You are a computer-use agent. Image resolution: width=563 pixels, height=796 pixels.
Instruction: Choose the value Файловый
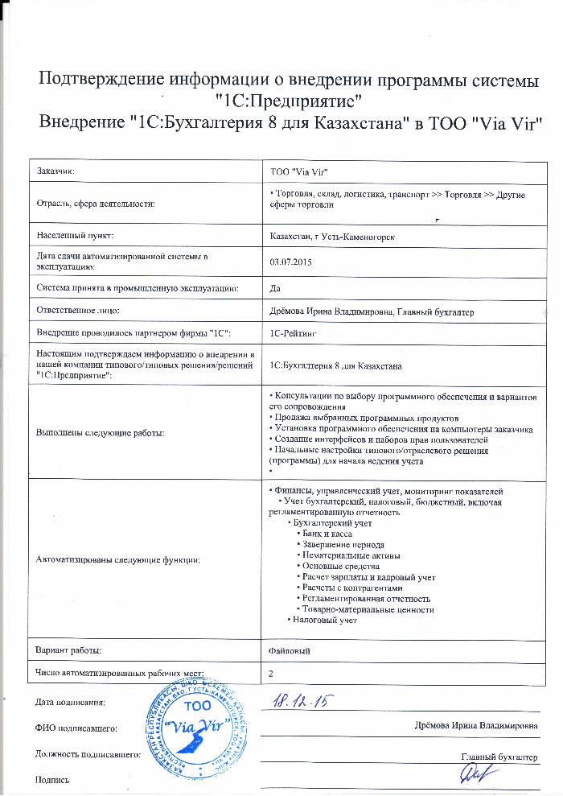click(x=290, y=650)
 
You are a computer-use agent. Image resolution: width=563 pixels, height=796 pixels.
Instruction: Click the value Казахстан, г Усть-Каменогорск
click(x=333, y=235)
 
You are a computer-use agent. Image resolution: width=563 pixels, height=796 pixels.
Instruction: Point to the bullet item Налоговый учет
click(x=324, y=621)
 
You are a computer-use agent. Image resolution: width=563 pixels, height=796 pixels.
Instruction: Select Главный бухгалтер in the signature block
click(x=499, y=757)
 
